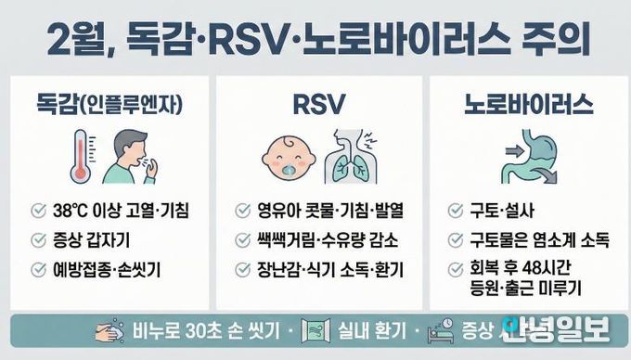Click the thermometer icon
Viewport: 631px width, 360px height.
[x=82, y=156]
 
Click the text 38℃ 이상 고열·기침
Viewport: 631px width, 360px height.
[x=122, y=211]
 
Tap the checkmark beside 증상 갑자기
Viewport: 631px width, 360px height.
[x=38, y=240]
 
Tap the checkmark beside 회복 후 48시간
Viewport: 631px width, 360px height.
[x=455, y=269]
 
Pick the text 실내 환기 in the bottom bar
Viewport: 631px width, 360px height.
[x=354, y=331]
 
